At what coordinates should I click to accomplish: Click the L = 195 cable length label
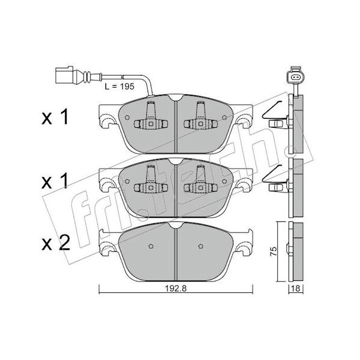click(x=119, y=86)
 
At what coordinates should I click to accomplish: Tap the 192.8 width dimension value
click(x=176, y=289)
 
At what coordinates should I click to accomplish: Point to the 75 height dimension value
click(x=274, y=251)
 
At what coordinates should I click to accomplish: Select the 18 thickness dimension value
click(x=296, y=289)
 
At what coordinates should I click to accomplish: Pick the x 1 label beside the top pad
click(x=55, y=117)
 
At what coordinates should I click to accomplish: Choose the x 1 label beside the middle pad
click(x=55, y=181)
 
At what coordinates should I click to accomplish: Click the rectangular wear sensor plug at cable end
click(x=64, y=75)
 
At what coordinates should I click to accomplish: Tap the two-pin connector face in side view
click(x=295, y=77)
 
